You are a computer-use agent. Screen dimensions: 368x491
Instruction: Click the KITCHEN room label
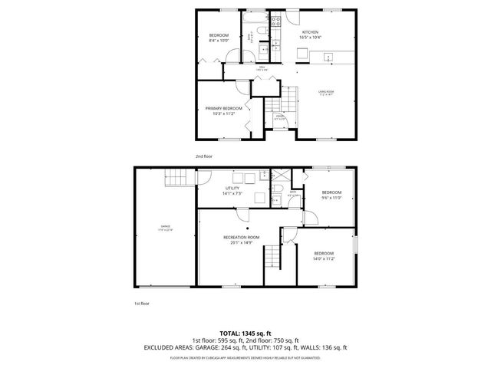pyautogui.click(x=310, y=32)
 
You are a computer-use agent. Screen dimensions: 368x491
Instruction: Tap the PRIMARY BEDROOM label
pyautogui.click(x=223, y=109)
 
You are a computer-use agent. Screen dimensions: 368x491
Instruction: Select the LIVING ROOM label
pyautogui.click(x=327, y=92)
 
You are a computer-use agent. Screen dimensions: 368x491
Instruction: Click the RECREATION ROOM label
pyautogui.click(x=240, y=238)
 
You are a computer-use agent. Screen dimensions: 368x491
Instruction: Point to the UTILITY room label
pyautogui.click(x=232, y=188)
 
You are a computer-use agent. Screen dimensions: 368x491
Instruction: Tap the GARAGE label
pyautogui.click(x=165, y=226)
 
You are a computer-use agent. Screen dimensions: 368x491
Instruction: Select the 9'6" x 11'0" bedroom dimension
pyautogui.click(x=331, y=197)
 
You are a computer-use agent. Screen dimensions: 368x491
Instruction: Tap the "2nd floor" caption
pyautogui.click(x=203, y=156)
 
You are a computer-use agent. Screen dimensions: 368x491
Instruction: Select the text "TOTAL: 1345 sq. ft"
pyautogui.click(x=245, y=332)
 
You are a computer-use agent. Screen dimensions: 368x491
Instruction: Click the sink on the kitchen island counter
pyautogui.click(x=327, y=56)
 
